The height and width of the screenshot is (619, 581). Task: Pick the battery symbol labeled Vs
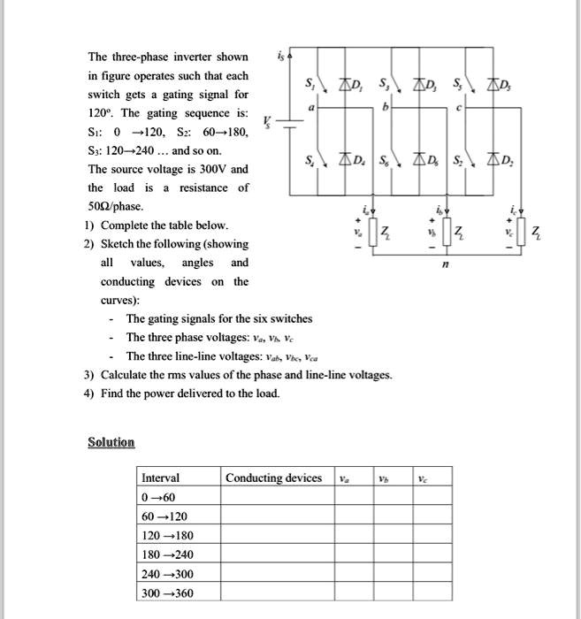(288, 126)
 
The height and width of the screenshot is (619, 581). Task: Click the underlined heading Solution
(111, 442)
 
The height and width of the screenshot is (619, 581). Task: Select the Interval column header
(160, 478)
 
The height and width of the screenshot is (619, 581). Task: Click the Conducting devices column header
(273, 478)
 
